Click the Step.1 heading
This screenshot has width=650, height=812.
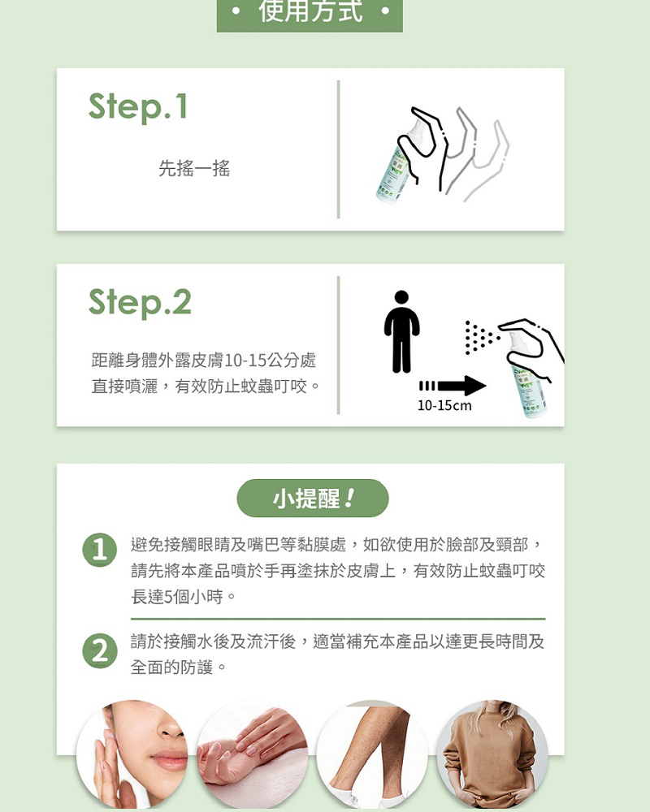(138, 107)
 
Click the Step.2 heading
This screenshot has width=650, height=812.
(140, 303)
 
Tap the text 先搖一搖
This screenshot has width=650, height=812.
(194, 168)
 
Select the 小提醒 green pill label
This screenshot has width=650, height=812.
(313, 499)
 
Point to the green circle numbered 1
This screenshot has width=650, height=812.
(99, 550)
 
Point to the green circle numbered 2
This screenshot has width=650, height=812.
(99, 650)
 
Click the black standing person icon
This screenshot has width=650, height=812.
(401, 331)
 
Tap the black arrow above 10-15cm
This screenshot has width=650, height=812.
(453, 386)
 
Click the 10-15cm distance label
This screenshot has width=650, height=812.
(444, 405)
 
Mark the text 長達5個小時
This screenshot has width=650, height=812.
(177, 597)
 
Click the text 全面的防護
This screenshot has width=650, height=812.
(171, 667)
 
